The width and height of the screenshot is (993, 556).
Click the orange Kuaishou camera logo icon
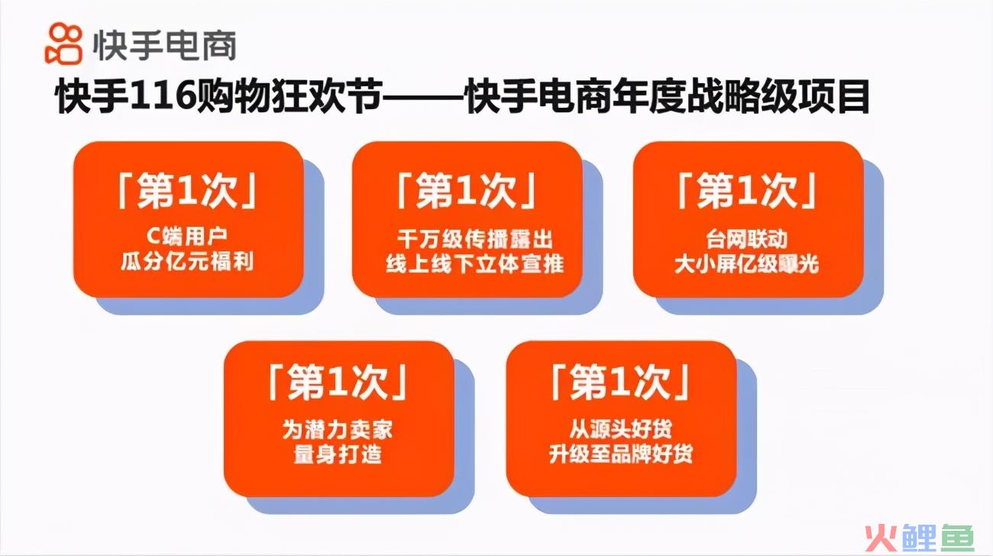pos(64,44)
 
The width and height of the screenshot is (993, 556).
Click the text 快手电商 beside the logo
pos(164,46)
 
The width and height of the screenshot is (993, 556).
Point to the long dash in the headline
pos(423,97)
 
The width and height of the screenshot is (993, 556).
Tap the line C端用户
pos(186,236)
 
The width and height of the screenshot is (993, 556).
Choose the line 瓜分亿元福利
pos(187,262)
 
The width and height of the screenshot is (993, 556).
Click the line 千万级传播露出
pos(475,239)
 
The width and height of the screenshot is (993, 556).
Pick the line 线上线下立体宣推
pos(475,264)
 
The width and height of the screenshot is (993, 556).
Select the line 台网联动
pos(746,239)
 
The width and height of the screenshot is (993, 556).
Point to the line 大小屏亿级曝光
pos(746,264)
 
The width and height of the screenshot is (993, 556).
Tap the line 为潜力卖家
pos(338,430)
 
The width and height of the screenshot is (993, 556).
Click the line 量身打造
pos(338,455)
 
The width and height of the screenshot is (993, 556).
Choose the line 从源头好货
pos(620,428)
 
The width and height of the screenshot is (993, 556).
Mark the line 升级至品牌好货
pos(620,454)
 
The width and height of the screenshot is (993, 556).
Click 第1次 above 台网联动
pos(747,191)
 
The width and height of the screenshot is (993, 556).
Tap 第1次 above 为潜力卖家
pos(338,382)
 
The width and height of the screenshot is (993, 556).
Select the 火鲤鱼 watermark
pos(919,538)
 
